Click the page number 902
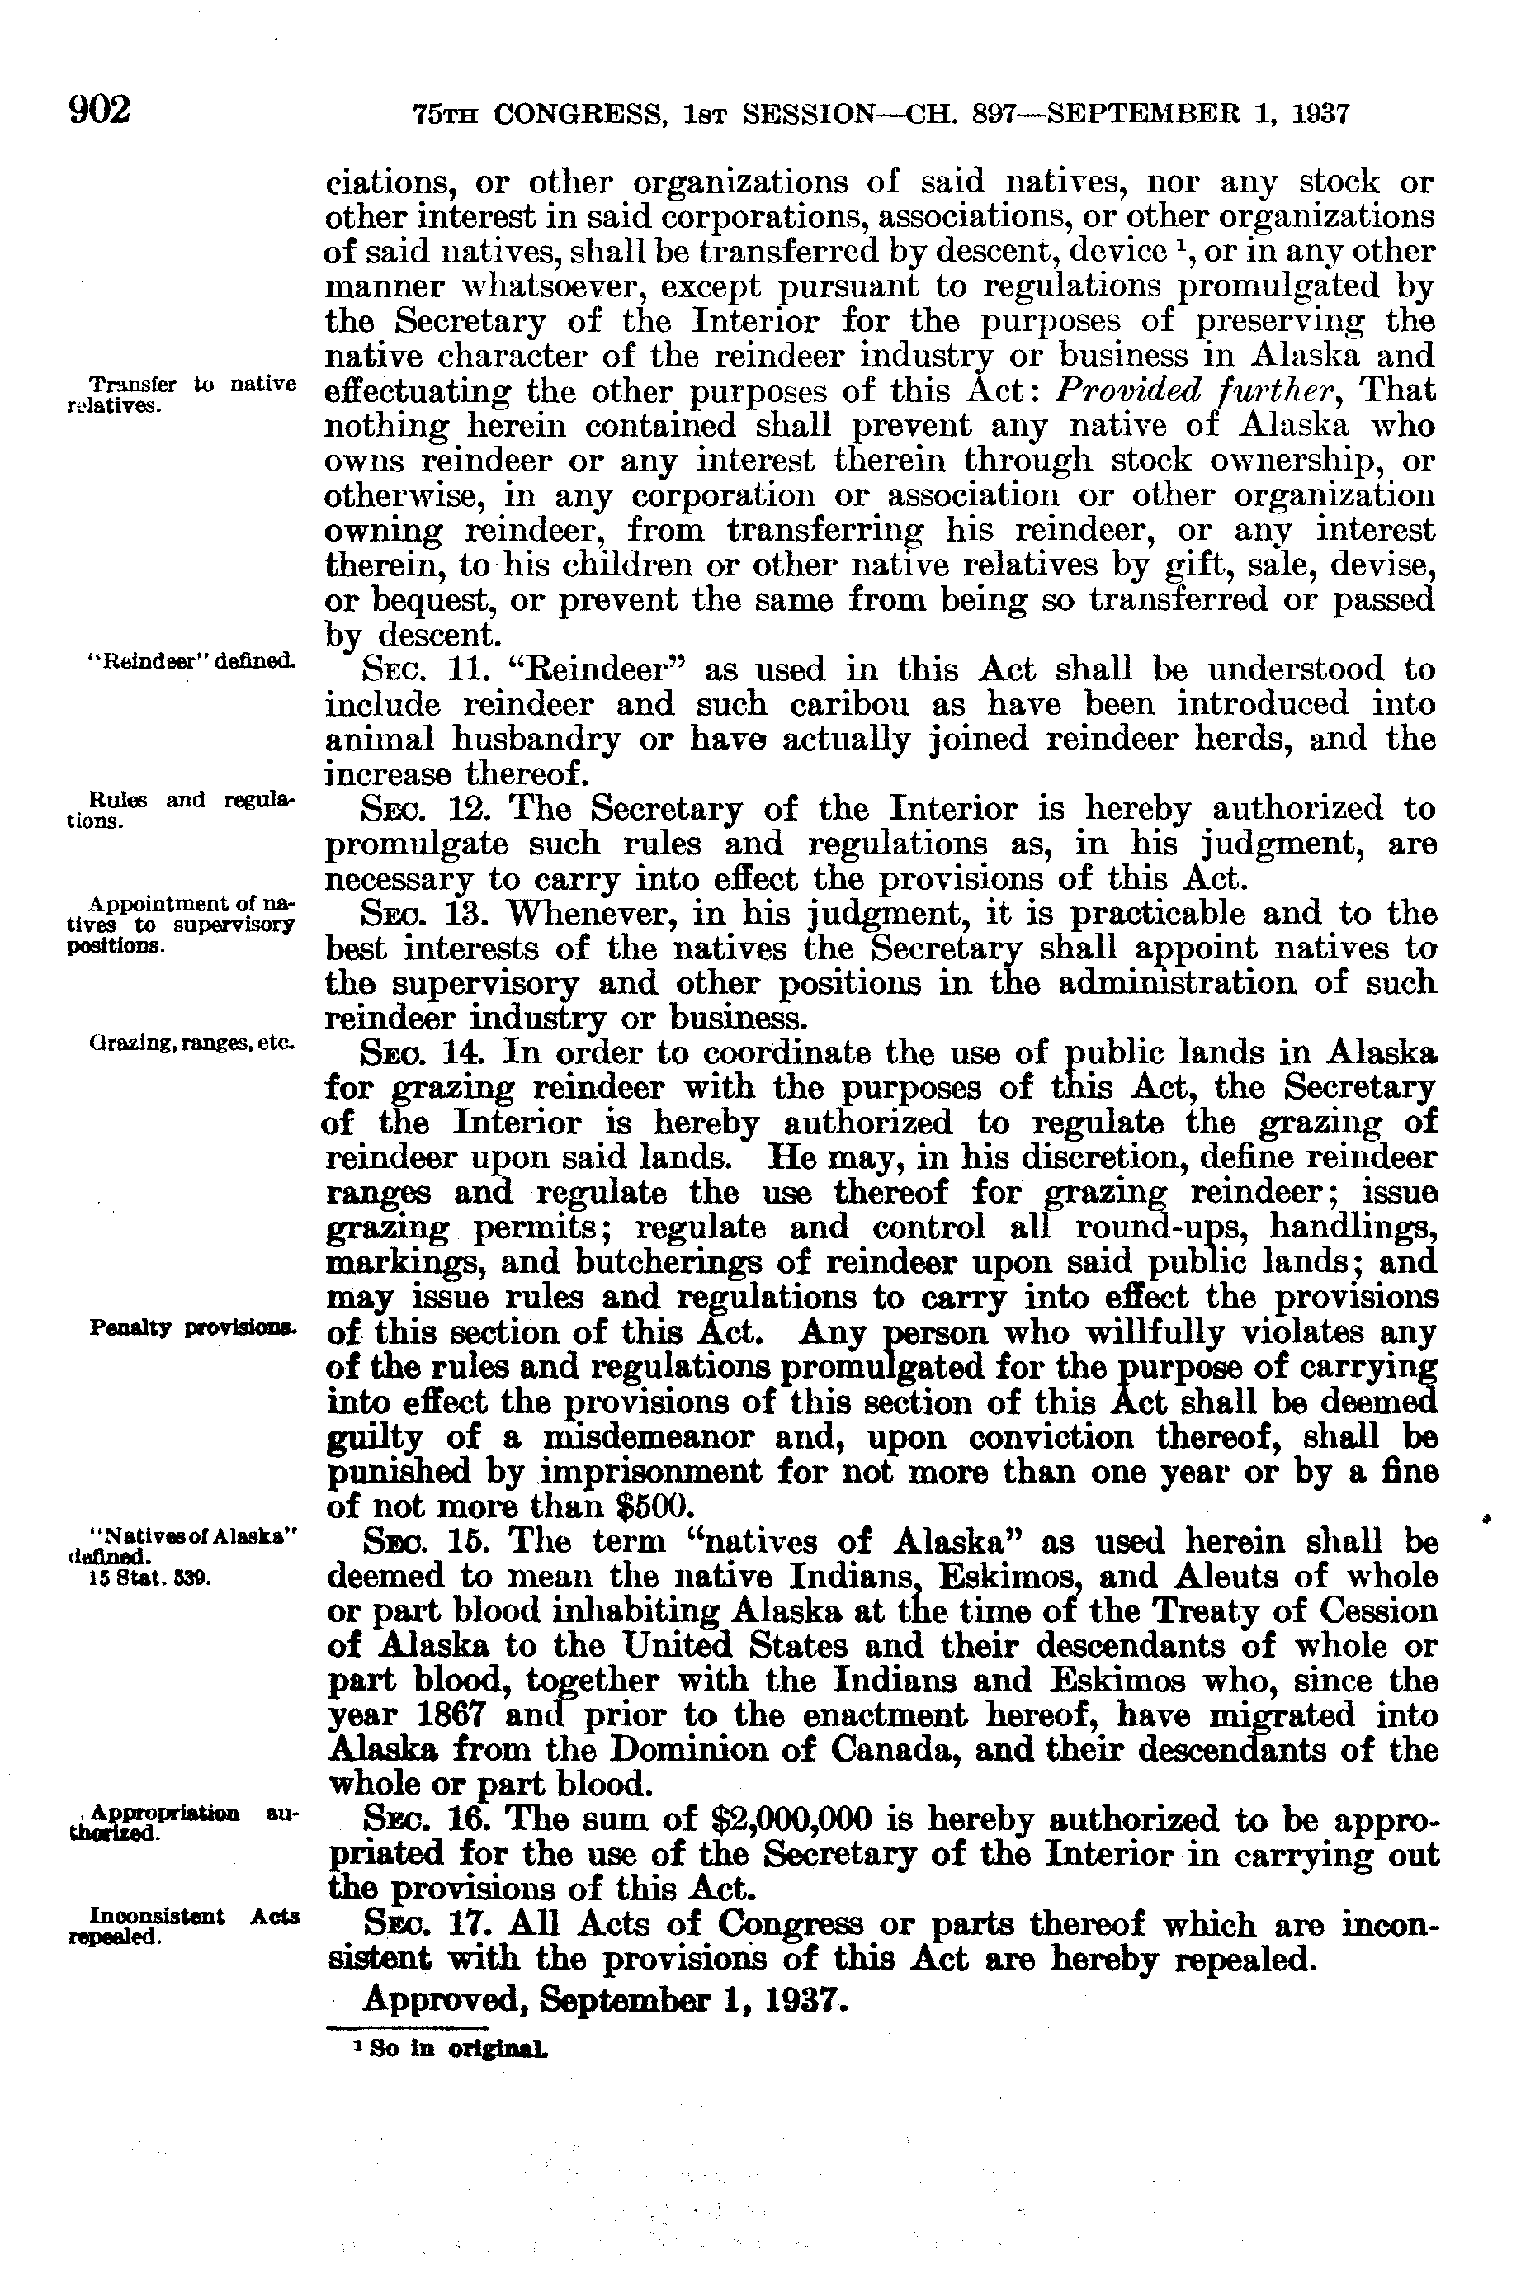(100, 111)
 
